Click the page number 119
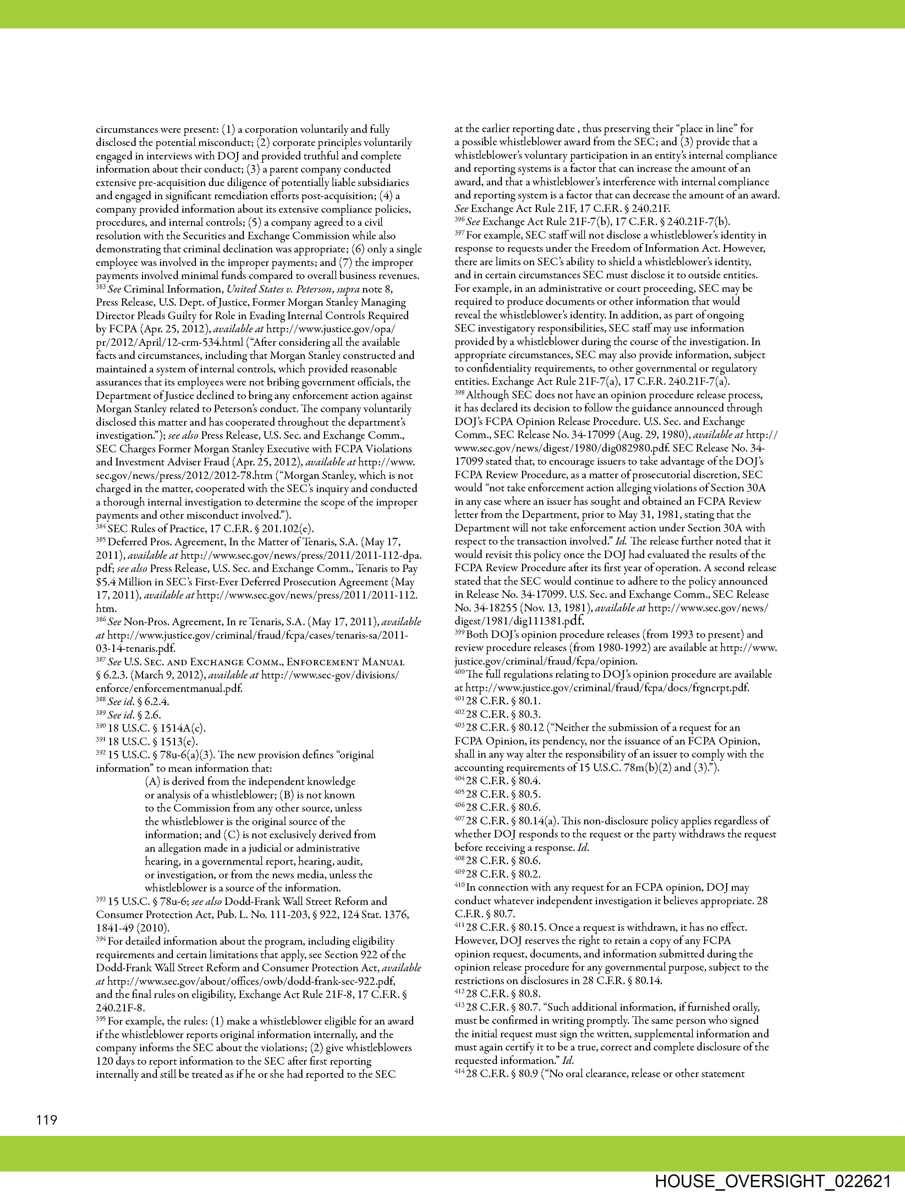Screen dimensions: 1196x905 (46, 1119)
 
